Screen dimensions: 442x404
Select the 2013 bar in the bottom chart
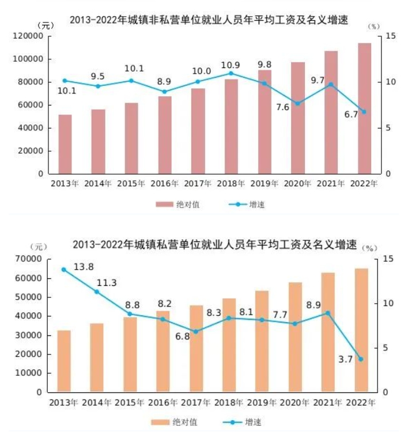click(64, 361)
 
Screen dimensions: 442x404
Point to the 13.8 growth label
click(84, 266)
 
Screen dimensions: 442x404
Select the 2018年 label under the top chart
click(231, 184)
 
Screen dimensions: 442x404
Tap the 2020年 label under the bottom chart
click(294, 402)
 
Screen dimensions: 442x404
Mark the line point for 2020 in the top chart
click(298, 103)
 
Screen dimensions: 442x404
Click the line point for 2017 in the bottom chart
click(196, 331)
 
